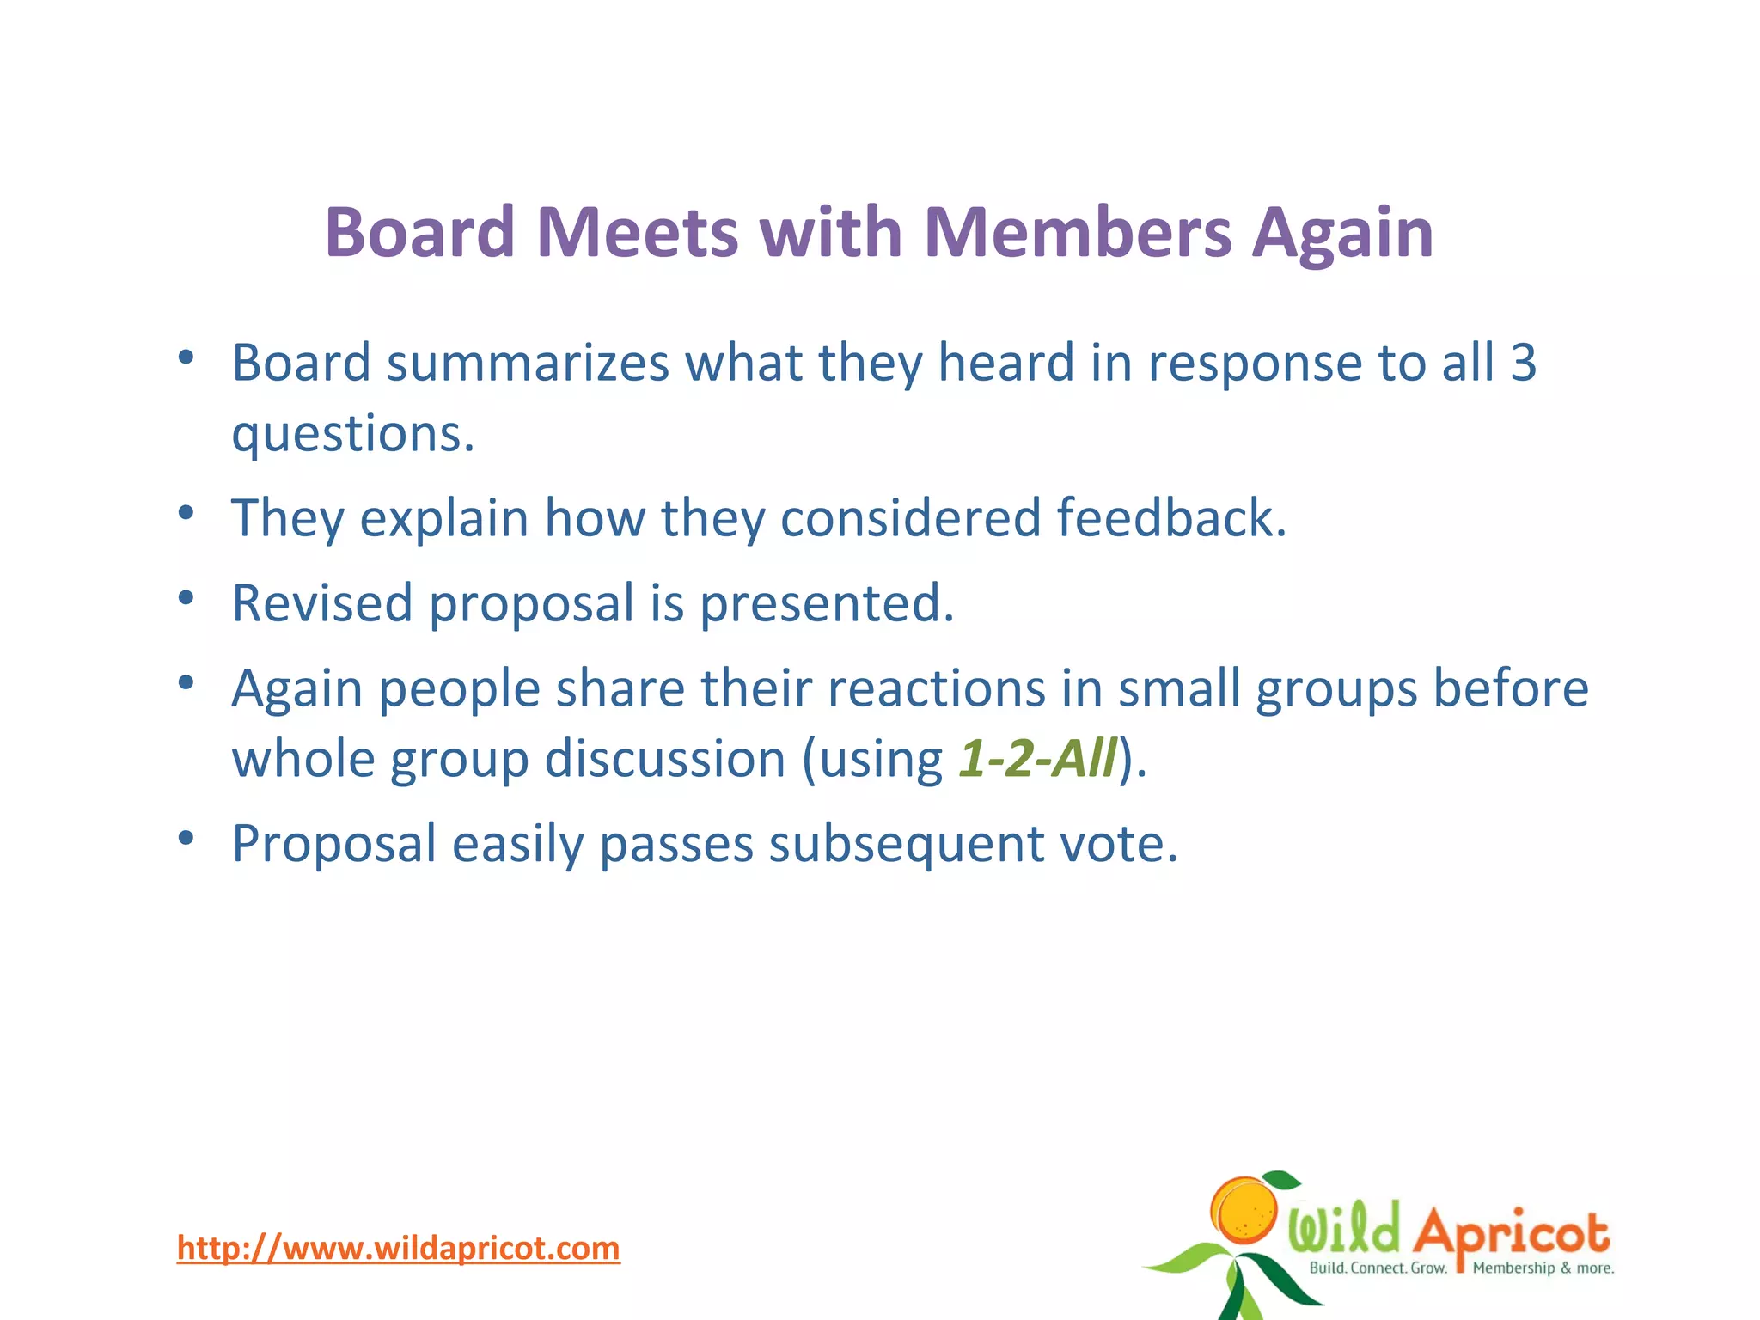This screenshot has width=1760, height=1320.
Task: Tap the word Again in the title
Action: tap(1342, 234)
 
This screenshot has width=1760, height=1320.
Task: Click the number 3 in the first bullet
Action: tap(1523, 363)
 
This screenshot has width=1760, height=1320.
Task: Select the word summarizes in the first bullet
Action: tap(528, 363)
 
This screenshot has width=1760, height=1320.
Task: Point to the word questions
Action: tap(352, 435)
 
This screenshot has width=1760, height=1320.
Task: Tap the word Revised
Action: tap(322, 603)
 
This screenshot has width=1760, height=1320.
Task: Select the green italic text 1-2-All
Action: tap(1038, 759)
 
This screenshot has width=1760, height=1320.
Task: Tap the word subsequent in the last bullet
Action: tap(906, 845)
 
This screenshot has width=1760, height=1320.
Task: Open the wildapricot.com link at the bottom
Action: tap(398, 1248)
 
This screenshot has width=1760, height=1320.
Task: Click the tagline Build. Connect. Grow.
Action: tap(1378, 1268)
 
